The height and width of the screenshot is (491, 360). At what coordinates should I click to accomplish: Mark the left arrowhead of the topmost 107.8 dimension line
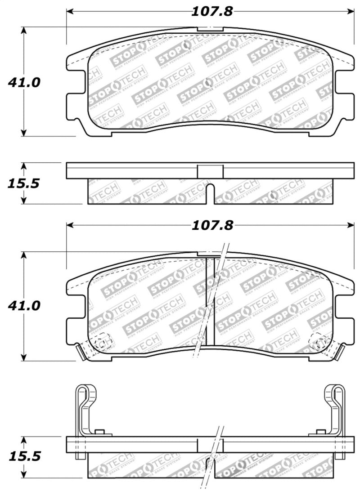point(70,11)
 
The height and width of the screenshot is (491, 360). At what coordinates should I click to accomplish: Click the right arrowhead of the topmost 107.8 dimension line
point(351,11)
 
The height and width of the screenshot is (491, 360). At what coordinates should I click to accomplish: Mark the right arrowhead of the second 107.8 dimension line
point(351,225)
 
